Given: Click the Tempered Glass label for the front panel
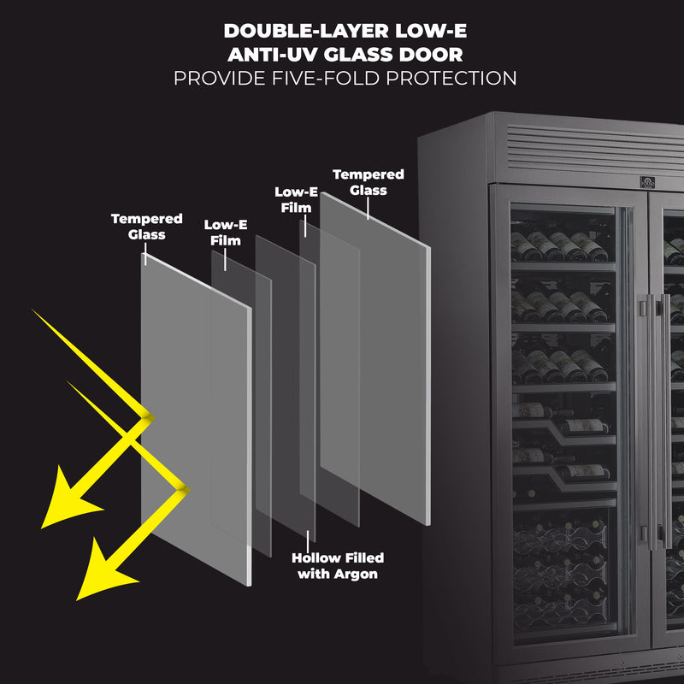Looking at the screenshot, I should point(146,227).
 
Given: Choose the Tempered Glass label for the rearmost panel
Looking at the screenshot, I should point(368,181).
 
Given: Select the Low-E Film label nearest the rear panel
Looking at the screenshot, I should point(296,199).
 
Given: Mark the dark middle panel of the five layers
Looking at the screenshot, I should point(285,385).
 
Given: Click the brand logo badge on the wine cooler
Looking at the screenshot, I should point(647,182).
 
